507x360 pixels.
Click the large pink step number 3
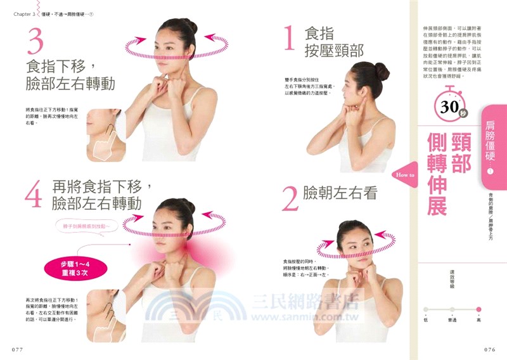point(35,43)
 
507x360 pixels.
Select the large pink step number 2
point(290,197)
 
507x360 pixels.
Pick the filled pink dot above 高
point(478,310)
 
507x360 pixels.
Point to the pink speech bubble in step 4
point(86,226)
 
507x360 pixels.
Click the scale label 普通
point(451,320)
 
